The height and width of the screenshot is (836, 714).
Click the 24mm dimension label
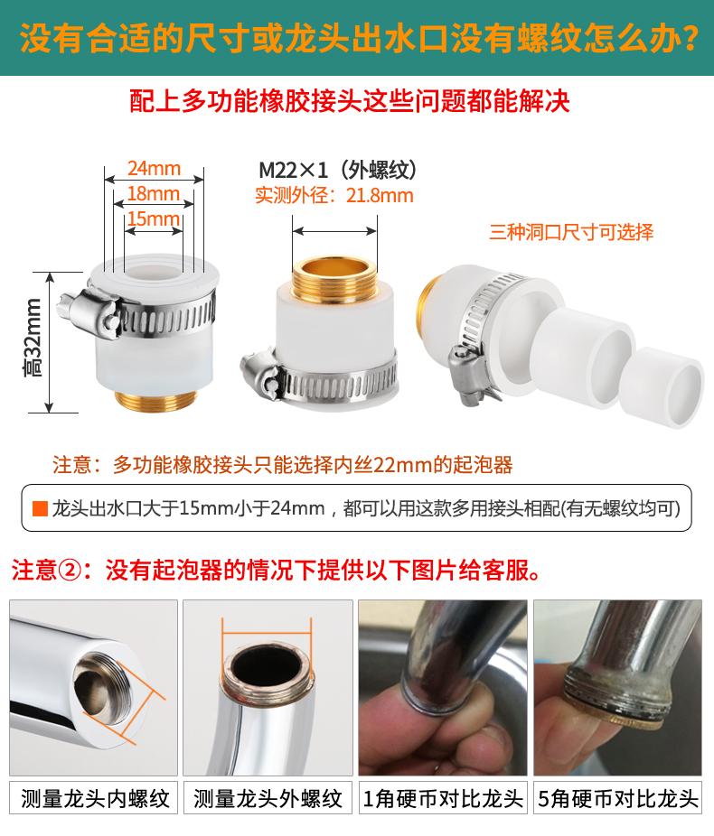click(154, 169)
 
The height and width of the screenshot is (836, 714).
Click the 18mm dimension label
click(154, 193)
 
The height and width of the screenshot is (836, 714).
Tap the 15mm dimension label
click(154, 218)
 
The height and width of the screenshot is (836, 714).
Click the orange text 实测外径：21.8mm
click(334, 196)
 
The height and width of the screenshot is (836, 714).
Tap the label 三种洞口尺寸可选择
click(571, 232)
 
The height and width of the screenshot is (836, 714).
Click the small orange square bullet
click(40, 508)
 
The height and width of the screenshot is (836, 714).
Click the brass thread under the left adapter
click(155, 400)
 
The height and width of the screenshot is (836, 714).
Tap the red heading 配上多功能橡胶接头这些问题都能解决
click(350, 101)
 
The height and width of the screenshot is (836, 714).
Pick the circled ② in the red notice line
click(69, 571)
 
